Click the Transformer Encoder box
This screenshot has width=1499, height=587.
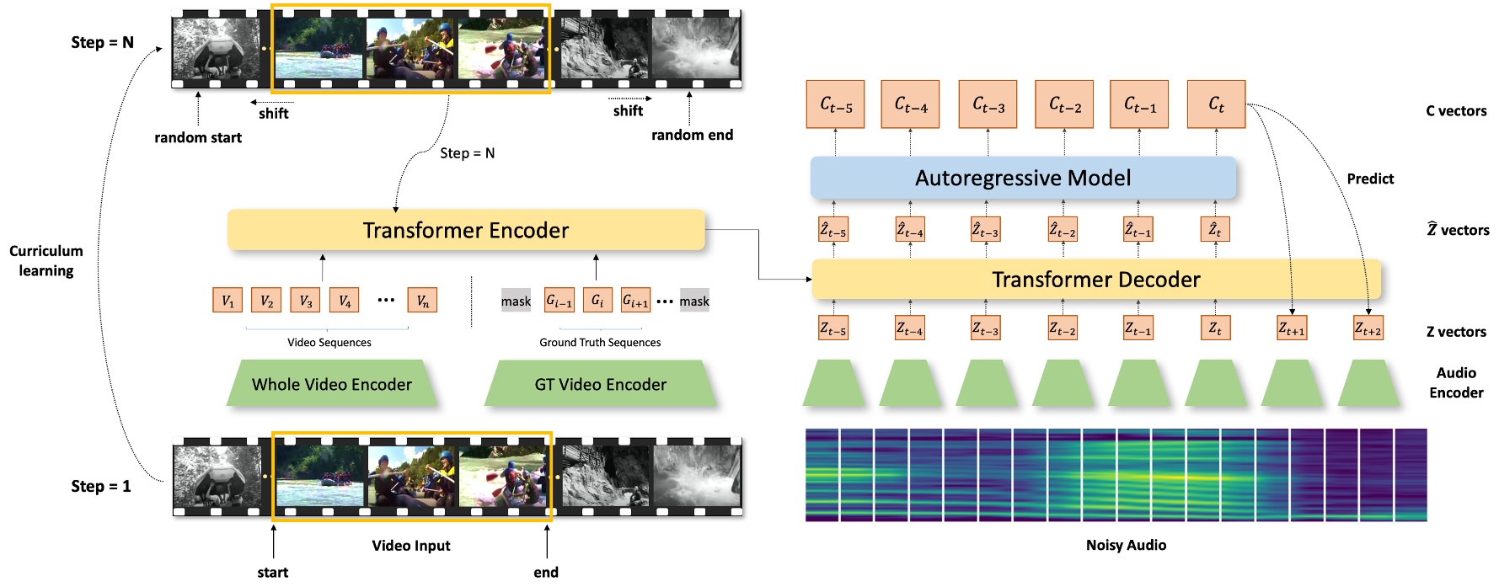[x=465, y=230]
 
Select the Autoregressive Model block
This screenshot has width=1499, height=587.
[x=1022, y=178]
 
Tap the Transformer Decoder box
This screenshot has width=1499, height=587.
[x=1095, y=280]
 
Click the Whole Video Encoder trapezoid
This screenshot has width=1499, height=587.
[x=332, y=384]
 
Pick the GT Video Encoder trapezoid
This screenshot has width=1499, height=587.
[x=600, y=384]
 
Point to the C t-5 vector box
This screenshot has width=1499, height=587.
[x=835, y=104]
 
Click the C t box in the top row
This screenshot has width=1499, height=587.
[x=1215, y=104]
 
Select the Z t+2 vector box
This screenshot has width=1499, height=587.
[x=1368, y=328]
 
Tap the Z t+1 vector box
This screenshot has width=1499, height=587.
[x=1291, y=328]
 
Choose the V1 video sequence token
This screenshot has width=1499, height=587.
[x=228, y=301]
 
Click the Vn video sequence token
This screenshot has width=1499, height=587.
[x=422, y=301]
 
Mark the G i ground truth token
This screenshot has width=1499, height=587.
[x=597, y=301]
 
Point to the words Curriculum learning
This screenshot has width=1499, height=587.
[x=46, y=260]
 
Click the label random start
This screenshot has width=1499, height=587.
[x=198, y=137]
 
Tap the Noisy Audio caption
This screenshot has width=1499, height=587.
[x=1126, y=545]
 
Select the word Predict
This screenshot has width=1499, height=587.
[x=1369, y=179]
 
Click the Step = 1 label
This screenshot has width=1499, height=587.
[x=101, y=486]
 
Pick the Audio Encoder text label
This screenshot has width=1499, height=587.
[x=1456, y=382]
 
